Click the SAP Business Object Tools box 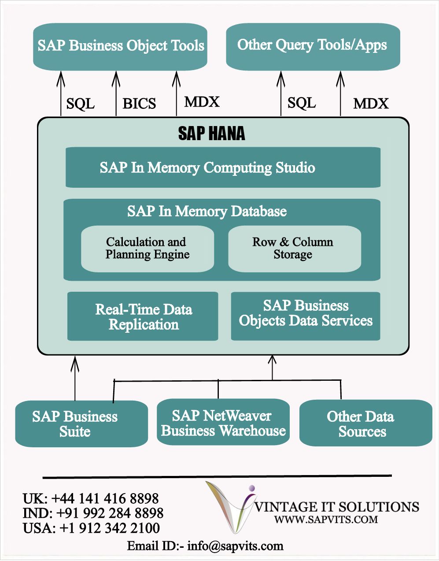coord(120,47)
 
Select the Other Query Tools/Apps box coord(313,47)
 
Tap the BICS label coord(139,104)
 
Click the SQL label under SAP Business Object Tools coord(80,104)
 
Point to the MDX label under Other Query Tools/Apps coord(371,104)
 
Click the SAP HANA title coord(211,134)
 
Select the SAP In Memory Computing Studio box coord(223,167)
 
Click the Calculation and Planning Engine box coord(148,249)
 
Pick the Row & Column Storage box coord(295,249)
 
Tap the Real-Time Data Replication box coord(143,316)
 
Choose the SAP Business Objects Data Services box coord(306,316)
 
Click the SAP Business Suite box coord(81,424)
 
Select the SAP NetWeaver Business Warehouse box coord(223,422)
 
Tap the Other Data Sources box coord(366,423)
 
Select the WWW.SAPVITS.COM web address coord(326,520)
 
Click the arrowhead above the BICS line coord(116,79)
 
